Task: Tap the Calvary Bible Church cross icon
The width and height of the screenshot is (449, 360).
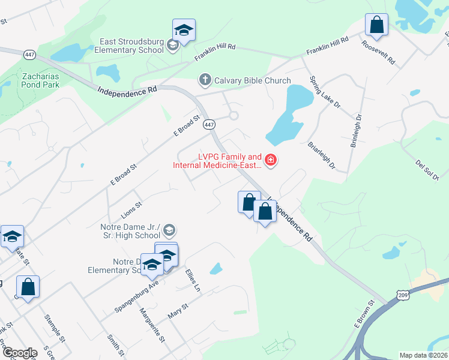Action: pos(205,80)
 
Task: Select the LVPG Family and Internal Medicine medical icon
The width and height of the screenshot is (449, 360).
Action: pos(271,160)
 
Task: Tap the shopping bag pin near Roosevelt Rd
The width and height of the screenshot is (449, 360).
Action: pos(376,26)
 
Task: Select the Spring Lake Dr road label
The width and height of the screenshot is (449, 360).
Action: pos(324,92)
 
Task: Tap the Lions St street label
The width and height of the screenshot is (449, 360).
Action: pos(131,208)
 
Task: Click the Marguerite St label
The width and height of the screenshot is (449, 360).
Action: pos(152,323)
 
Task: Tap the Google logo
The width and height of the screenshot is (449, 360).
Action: pos(19,353)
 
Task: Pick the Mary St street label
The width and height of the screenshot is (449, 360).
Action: pos(178,312)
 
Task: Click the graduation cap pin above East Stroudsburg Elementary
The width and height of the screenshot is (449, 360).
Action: pos(184,31)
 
